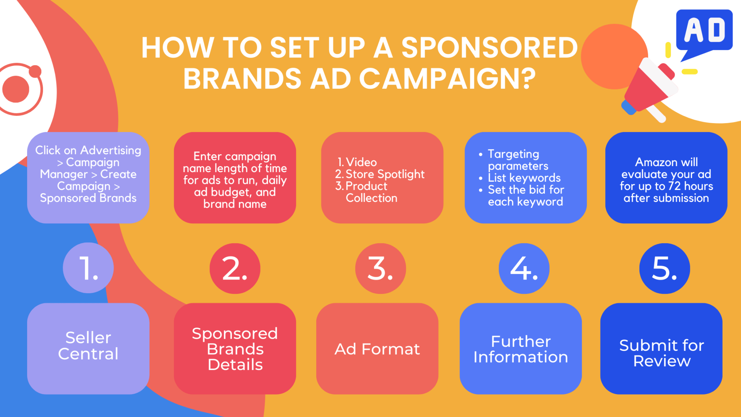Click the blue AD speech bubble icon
704,31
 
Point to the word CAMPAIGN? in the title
447,79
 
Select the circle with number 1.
88,268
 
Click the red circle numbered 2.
235,268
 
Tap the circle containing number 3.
380,268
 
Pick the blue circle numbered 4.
524,268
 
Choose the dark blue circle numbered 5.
664,268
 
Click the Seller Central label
88,346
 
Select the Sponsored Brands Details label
235,349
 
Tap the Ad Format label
377,349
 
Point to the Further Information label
521,349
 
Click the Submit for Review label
662,353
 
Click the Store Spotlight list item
385,174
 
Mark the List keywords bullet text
524,178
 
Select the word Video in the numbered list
361,162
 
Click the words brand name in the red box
235,204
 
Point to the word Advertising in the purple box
111,150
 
